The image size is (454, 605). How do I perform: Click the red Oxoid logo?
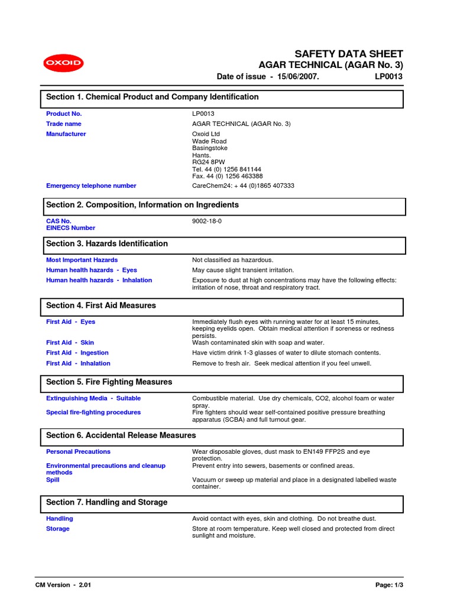(63, 63)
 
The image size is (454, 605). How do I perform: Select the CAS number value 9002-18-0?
(207, 221)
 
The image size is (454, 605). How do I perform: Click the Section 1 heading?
(153, 97)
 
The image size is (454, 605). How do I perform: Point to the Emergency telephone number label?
(91, 186)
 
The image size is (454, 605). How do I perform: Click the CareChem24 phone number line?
(243, 186)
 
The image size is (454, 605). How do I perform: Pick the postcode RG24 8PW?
(209, 162)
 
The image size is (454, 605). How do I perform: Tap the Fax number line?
(227, 176)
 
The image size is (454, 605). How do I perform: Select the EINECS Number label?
(70, 228)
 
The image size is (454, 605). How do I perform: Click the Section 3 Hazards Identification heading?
(107, 243)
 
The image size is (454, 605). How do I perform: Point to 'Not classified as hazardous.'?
(233, 260)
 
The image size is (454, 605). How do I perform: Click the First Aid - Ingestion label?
(77, 353)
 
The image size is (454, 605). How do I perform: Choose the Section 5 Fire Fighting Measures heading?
(109, 382)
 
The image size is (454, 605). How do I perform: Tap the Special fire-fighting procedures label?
(93, 412)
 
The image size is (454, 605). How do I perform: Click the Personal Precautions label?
(78, 451)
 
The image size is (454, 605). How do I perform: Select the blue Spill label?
(53, 480)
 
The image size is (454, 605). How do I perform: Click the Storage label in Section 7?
(58, 529)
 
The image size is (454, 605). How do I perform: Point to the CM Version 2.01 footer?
(63, 585)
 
